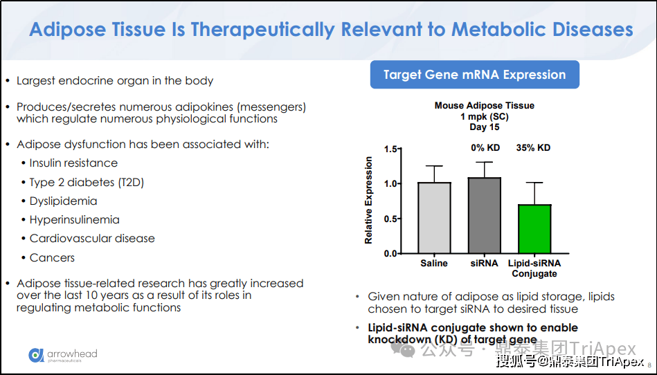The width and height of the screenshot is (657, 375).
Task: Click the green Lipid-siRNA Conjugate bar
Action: (x=534, y=229)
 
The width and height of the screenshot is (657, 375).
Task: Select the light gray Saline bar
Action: (x=435, y=218)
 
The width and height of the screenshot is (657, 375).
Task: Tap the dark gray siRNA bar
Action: (x=485, y=216)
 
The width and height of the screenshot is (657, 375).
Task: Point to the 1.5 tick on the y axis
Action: (x=399, y=149)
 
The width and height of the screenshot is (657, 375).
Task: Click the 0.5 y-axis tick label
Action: (x=390, y=219)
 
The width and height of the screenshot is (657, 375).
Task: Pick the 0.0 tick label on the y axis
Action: (x=390, y=254)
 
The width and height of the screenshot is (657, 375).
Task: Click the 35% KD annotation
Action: (x=533, y=148)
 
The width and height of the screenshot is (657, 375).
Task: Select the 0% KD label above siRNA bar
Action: (x=485, y=148)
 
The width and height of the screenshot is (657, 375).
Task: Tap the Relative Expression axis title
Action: (x=368, y=200)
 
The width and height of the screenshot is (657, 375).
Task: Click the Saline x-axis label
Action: (x=434, y=263)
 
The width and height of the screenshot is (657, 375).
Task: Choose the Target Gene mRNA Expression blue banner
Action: (x=475, y=75)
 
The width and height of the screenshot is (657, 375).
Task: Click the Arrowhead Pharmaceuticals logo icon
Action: (x=36, y=355)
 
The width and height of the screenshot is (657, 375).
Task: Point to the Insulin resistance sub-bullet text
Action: (x=73, y=163)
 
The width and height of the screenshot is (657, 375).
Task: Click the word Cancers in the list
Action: (x=52, y=257)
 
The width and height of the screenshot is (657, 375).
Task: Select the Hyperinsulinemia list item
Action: (x=74, y=220)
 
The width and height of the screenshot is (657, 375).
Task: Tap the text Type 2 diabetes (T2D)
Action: (x=87, y=183)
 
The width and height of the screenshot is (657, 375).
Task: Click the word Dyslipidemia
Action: (x=63, y=201)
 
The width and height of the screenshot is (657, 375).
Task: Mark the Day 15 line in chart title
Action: (x=485, y=127)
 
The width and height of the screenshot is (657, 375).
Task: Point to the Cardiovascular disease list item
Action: (x=92, y=239)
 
